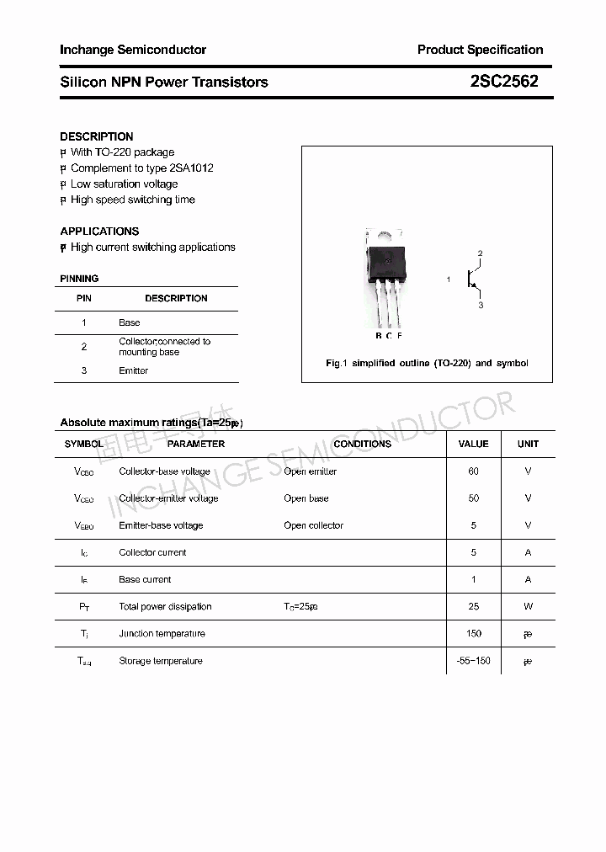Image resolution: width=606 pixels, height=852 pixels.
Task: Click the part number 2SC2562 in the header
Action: tap(504, 82)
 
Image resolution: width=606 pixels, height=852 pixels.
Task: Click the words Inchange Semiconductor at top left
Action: tap(133, 50)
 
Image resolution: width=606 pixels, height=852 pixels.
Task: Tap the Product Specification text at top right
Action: tap(480, 50)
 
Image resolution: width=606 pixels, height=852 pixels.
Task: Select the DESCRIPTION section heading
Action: tap(97, 136)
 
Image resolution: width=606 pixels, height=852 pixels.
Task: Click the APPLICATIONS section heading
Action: tap(99, 231)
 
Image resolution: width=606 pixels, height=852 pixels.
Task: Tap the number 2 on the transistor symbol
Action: tap(480, 253)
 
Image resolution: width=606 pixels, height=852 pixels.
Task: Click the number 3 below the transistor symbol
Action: tap(481, 306)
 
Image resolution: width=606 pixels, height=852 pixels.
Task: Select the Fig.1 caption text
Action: tap(427, 363)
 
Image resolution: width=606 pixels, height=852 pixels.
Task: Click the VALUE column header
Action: tap(473, 444)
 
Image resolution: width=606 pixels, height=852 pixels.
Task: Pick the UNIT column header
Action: tap(528, 444)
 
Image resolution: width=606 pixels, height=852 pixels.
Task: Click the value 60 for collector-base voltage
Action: tap(473, 471)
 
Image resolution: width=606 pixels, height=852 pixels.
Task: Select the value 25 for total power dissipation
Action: tap(473, 606)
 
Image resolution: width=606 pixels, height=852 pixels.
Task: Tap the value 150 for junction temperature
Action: tap(473, 633)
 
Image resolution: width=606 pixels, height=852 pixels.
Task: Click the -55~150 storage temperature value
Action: tap(473, 661)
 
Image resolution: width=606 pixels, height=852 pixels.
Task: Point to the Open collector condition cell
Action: tap(313, 525)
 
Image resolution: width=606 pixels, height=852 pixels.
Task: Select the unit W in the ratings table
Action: tap(528, 606)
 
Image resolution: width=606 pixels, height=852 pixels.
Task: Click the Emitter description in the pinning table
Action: tap(133, 370)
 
